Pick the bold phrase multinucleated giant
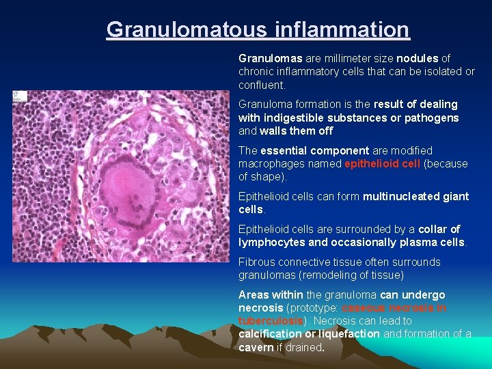415,197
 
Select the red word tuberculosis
270,321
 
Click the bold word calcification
269,334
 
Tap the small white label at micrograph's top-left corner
18,96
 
